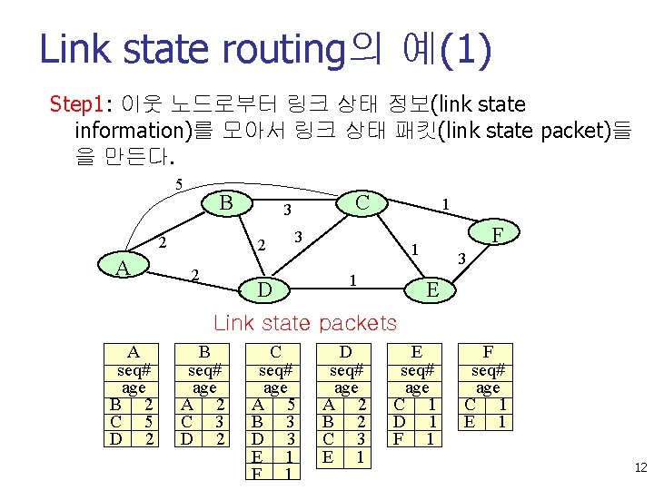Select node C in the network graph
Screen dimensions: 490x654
(362, 202)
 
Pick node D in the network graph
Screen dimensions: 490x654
(264, 290)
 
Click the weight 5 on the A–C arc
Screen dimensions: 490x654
(179, 185)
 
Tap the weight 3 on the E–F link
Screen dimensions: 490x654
(460, 260)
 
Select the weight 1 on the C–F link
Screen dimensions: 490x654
(444, 205)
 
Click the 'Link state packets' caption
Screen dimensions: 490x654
(304, 322)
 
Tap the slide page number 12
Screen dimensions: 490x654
(639, 467)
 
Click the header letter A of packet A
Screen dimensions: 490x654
(133, 352)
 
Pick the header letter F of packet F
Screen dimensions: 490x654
(488, 352)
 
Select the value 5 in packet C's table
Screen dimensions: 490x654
(289, 405)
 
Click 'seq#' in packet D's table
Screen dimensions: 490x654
(346, 370)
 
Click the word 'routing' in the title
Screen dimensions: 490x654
(292, 50)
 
